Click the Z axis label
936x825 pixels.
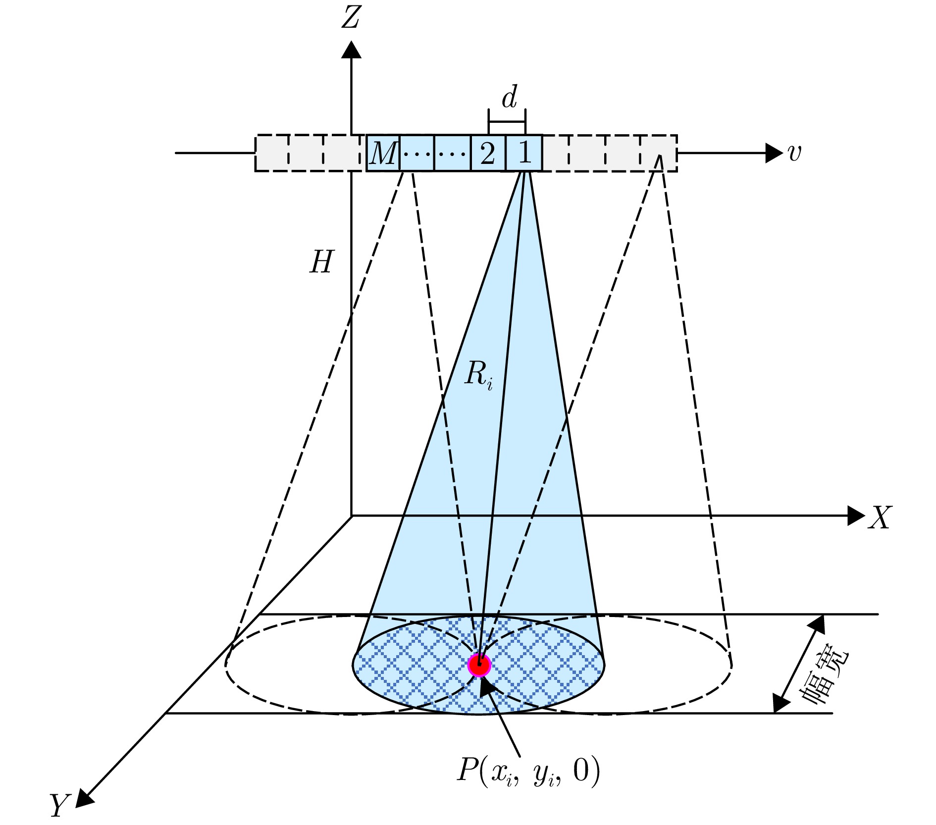point(350,18)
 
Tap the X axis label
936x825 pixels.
point(880,518)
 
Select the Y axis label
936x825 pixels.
point(60,805)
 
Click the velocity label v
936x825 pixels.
point(794,153)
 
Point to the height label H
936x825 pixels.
point(321,262)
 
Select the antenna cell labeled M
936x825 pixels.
point(383,153)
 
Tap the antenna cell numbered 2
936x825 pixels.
point(488,153)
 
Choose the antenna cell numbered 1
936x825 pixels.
point(524,153)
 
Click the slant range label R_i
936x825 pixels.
point(478,375)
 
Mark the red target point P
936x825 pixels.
point(479,665)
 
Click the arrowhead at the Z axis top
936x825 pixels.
point(351,49)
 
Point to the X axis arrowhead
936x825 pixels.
point(856,516)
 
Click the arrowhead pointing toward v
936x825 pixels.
point(774,153)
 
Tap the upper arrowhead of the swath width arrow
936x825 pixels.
point(817,624)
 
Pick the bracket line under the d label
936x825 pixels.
point(507,121)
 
